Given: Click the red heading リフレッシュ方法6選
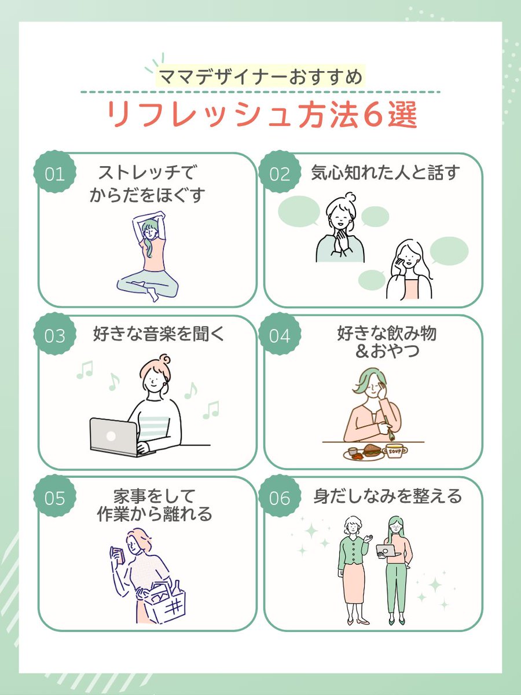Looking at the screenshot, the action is (262, 115).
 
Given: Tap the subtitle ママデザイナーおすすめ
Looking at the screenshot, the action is (260, 76).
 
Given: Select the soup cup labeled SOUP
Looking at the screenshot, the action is (394, 451).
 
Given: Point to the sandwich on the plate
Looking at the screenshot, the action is (372, 450).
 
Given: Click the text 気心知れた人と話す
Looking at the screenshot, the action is (385, 173).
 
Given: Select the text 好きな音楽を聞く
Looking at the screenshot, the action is (159, 334).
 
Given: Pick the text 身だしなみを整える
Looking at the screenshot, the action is (388, 496).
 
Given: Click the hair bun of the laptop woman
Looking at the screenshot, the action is (165, 360).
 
